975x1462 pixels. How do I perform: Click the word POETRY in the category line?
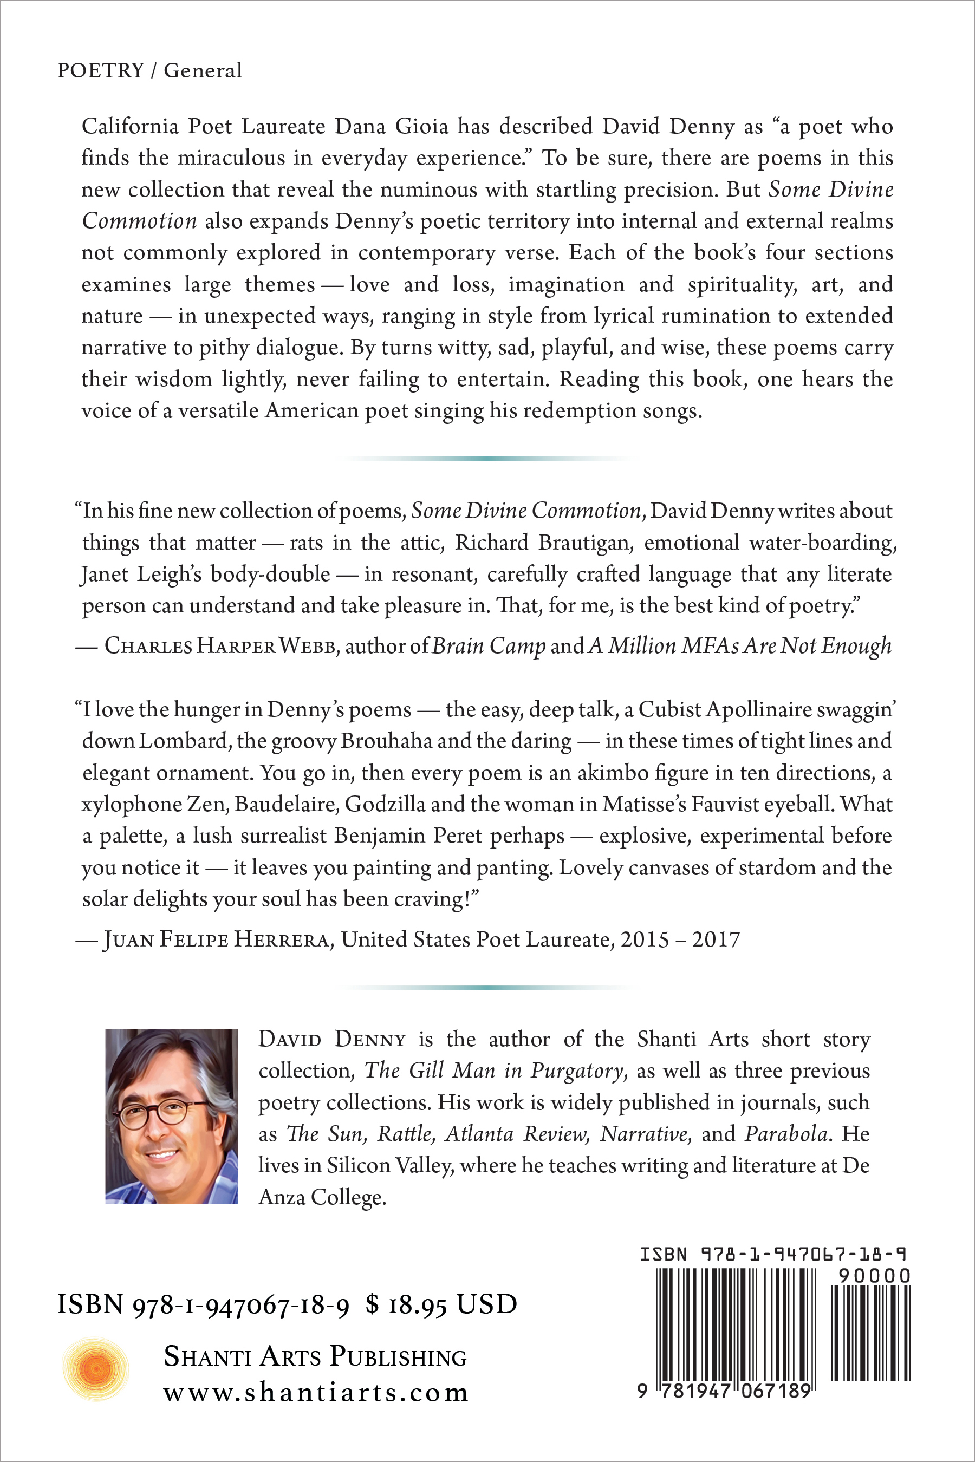[x=100, y=70]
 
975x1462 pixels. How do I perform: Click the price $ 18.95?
[x=407, y=1304]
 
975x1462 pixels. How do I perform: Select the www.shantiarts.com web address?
[x=316, y=1393]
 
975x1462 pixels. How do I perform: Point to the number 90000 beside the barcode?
[x=874, y=1276]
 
